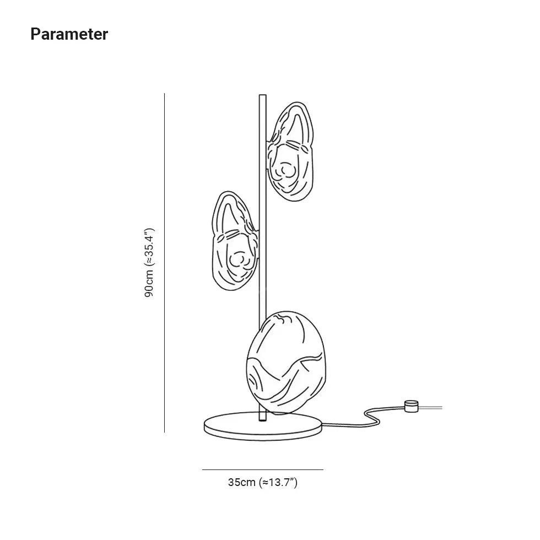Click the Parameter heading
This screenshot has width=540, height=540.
69,34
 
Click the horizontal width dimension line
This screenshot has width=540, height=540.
262,469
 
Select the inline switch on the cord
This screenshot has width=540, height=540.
410,407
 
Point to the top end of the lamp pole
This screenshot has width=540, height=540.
262,97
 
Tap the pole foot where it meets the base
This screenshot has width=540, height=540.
262,418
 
